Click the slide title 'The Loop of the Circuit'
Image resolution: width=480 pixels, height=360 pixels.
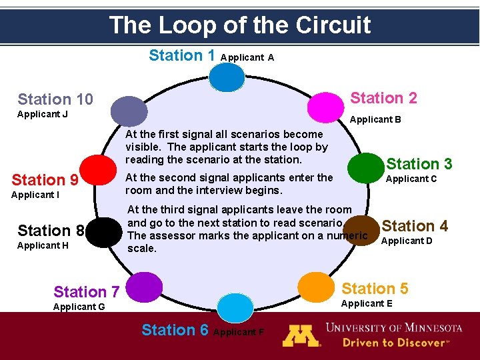tap(240, 25)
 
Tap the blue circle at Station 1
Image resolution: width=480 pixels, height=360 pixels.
tap(227, 77)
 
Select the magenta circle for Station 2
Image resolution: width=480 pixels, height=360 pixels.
tap(325, 106)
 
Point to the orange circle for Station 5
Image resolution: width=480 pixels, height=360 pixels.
tap(317, 286)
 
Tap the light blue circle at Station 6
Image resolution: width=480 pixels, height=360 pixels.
tap(236, 307)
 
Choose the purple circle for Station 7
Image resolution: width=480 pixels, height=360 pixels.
tap(144, 287)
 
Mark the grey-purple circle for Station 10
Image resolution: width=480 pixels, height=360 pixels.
tap(129, 111)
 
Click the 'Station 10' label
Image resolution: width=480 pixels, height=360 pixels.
tap(55, 100)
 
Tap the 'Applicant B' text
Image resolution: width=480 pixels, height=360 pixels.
tap(375, 120)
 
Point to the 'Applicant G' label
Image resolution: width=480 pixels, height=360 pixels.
tap(79, 307)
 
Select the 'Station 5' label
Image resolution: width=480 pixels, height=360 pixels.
tap(375, 289)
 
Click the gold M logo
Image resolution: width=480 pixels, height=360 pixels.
tap(301, 335)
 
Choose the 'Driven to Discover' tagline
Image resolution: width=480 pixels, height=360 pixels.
tap(397, 343)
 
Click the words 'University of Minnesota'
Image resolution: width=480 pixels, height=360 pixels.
tap(393, 328)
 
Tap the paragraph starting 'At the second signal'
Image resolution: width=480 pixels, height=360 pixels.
tap(229, 183)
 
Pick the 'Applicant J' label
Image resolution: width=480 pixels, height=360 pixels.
tap(42, 114)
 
